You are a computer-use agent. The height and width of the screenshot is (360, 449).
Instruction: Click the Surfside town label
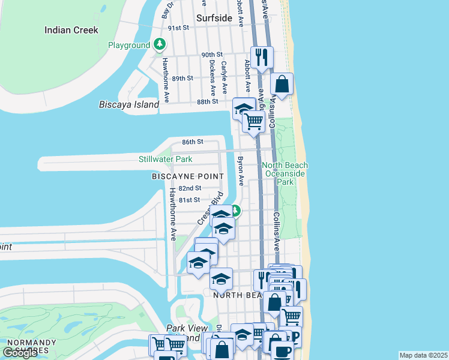[214, 18]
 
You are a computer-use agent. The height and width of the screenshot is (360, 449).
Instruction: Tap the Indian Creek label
[71, 29]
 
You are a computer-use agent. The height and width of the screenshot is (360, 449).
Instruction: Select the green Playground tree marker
[160, 44]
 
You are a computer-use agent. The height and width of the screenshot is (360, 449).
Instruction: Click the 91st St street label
[178, 28]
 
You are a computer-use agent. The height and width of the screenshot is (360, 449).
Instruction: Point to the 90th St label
[212, 55]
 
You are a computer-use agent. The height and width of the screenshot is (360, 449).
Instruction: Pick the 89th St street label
[182, 79]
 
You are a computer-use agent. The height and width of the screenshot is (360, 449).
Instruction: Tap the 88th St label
[207, 102]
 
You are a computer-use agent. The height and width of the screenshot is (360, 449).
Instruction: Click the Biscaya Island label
[129, 104]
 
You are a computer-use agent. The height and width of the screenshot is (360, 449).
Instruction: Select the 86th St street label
[193, 142]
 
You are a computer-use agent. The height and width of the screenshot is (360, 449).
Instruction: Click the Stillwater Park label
[165, 159]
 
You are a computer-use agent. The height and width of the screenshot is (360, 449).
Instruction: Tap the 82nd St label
[190, 188]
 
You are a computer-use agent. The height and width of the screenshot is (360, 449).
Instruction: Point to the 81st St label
[190, 200]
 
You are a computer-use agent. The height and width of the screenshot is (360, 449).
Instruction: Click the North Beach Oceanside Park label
[285, 173]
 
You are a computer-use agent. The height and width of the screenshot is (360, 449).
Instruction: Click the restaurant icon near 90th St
[262, 57]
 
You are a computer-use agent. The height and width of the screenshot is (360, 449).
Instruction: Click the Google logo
[20, 353]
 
